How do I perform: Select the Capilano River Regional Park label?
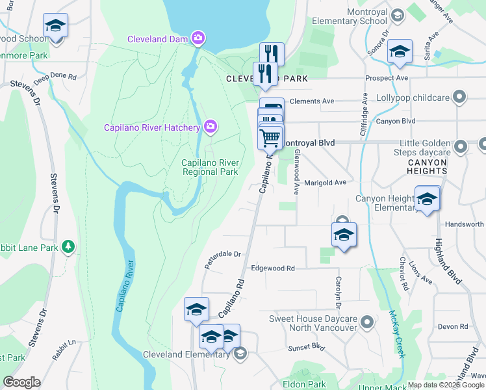[x=210, y=167]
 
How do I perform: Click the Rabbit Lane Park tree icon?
[x=68, y=246]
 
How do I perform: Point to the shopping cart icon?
[x=270, y=137]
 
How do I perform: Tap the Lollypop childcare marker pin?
[x=460, y=97]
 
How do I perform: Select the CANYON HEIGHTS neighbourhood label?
[x=427, y=166]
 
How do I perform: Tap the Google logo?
[x=21, y=382]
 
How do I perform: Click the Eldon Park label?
[x=304, y=384]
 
